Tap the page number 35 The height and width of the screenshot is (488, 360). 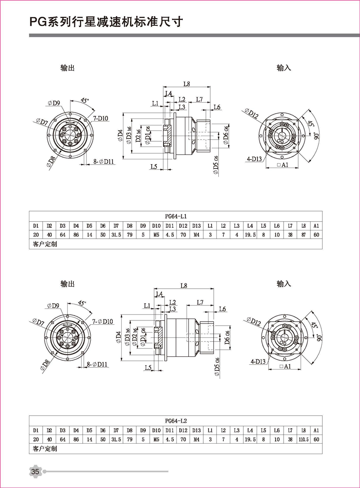coord(35,471)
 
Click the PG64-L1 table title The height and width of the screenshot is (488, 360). coord(176,216)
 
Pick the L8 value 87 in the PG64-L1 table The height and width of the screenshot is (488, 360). coord(304,235)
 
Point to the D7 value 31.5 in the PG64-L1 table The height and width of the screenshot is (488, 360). coord(116,235)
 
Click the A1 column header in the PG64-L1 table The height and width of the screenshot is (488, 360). coord(317,226)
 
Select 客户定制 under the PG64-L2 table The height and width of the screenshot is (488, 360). coord(45,449)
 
